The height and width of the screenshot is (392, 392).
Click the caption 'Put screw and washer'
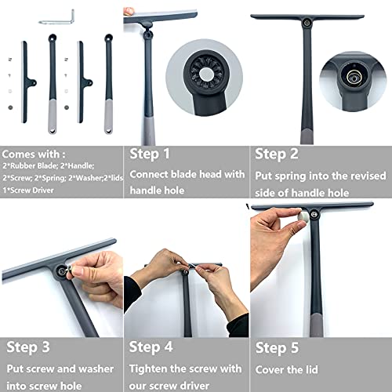tap(60, 368)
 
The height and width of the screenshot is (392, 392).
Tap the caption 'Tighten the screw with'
tap(185, 368)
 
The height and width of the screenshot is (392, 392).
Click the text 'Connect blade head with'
tap(187, 174)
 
